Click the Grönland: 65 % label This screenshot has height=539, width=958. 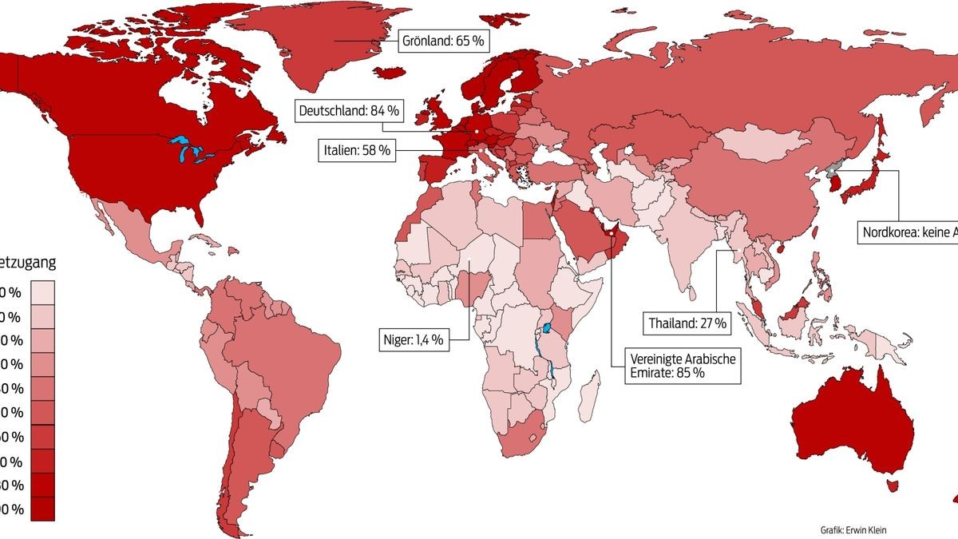tap(442, 39)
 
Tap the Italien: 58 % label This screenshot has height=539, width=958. tap(358, 150)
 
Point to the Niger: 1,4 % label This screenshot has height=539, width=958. tap(413, 339)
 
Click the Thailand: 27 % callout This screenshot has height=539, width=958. tap(687, 323)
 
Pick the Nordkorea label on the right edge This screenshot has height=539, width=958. tap(907, 233)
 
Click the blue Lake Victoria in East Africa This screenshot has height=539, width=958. tap(548, 328)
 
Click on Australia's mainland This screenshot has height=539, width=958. tap(854, 423)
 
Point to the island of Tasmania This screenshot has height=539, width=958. tap(893, 485)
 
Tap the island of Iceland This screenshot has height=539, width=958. tap(390, 73)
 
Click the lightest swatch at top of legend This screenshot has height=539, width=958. tap(44, 291)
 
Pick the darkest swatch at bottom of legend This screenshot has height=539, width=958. tap(44, 509)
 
